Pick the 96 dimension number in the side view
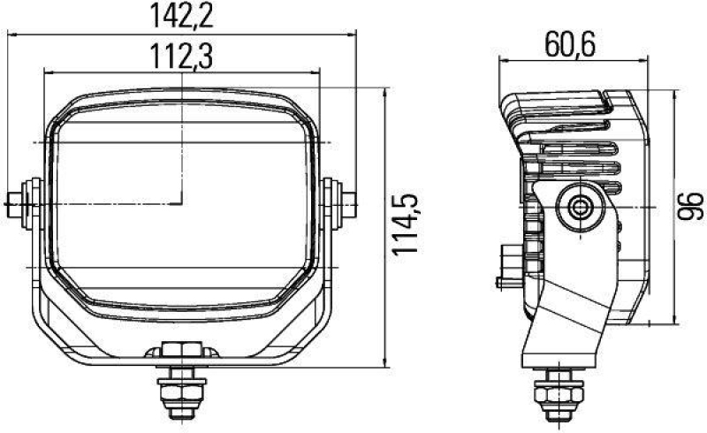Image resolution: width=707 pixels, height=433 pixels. pyautogui.click(x=694, y=207)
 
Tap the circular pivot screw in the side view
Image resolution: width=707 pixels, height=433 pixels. pyautogui.click(x=582, y=208)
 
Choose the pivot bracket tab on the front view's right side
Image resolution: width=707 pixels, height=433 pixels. pyautogui.click(x=341, y=205)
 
